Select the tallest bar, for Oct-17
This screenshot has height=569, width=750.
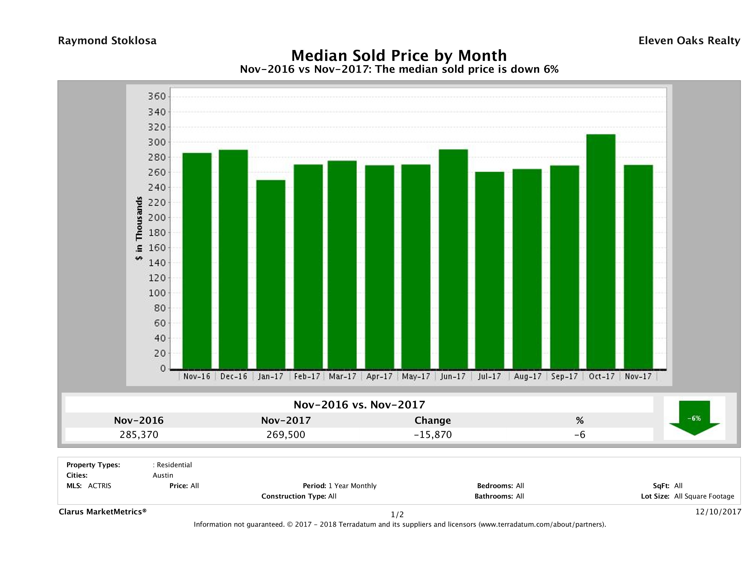coord(601,251)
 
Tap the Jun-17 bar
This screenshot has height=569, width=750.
coord(453,259)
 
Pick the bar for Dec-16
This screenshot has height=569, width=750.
coord(233,259)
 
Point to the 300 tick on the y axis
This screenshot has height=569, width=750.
coord(157,142)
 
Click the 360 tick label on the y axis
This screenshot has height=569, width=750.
coord(157,97)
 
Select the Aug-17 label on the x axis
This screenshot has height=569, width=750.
coord(527,376)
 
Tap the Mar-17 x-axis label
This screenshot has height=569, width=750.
coord(342,376)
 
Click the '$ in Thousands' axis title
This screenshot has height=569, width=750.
coord(139,228)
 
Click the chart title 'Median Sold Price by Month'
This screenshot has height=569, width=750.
coord(399,55)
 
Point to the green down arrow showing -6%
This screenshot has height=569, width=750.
coord(694,418)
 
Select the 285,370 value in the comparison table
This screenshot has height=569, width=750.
coord(139,435)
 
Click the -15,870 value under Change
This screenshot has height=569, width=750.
coord(433,435)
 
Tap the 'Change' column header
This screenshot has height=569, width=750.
coord(433,420)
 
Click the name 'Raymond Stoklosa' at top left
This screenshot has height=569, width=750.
coord(107,41)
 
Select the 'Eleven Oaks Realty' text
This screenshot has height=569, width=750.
coord(689,41)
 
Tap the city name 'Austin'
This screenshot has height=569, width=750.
coord(163,475)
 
